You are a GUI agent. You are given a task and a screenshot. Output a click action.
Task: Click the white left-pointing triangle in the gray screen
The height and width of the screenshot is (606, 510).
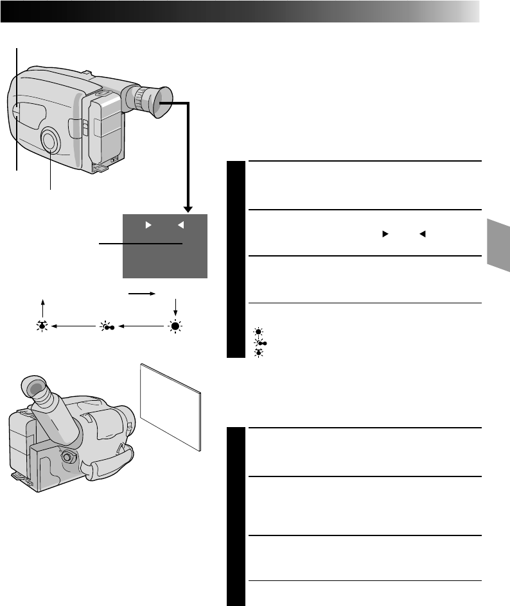pos(182,225)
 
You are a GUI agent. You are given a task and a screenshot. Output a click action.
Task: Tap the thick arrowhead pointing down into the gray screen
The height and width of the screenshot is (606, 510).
pos(188,206)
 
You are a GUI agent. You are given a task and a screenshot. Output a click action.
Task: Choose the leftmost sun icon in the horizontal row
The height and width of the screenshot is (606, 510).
pos(44,326)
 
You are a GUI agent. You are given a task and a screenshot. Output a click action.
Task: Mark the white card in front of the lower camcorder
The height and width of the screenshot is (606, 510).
pos(170,403)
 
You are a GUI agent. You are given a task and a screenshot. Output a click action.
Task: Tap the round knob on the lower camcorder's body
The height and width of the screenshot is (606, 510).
pos(66,458)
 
